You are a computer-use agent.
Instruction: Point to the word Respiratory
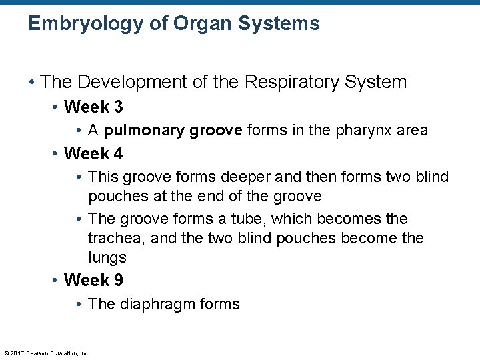pos(289,82)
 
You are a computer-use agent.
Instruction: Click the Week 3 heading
pos(93,107)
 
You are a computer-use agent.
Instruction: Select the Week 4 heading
pos(93,153)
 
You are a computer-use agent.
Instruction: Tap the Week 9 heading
pos(93,280)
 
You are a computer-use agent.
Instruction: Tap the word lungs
pos(107,257)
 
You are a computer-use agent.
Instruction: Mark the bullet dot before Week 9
pos(55,280)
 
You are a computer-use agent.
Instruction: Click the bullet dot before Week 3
pos(55,107)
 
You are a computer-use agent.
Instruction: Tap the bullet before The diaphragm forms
pos(79,304)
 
